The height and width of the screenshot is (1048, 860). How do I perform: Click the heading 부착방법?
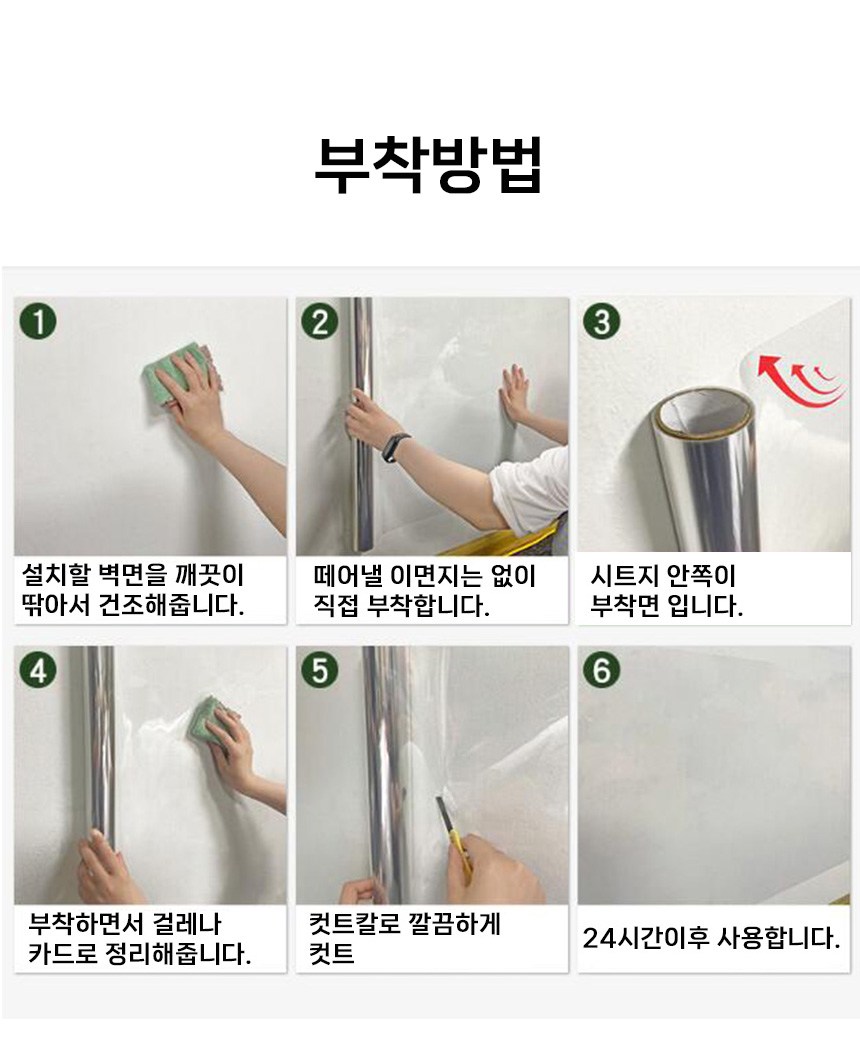(428, 165)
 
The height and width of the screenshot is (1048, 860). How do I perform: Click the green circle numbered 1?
(38, 321)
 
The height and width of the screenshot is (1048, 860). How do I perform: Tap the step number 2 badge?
(320, 321)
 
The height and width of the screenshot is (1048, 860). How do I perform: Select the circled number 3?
(601, 321)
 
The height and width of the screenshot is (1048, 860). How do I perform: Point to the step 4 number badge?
(38, 670)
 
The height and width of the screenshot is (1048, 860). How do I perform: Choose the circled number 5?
(320, 670)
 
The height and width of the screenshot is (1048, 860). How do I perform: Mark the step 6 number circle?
(601, 670)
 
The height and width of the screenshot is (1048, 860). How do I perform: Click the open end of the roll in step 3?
(704, 411)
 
